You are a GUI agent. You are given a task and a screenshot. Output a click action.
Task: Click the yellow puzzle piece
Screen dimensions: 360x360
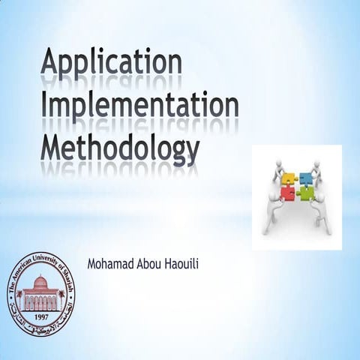click(289, 181)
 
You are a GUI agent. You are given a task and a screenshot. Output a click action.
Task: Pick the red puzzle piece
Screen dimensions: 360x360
click(288, 194)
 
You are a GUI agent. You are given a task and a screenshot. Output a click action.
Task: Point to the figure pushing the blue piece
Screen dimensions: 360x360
click(320, 168)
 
